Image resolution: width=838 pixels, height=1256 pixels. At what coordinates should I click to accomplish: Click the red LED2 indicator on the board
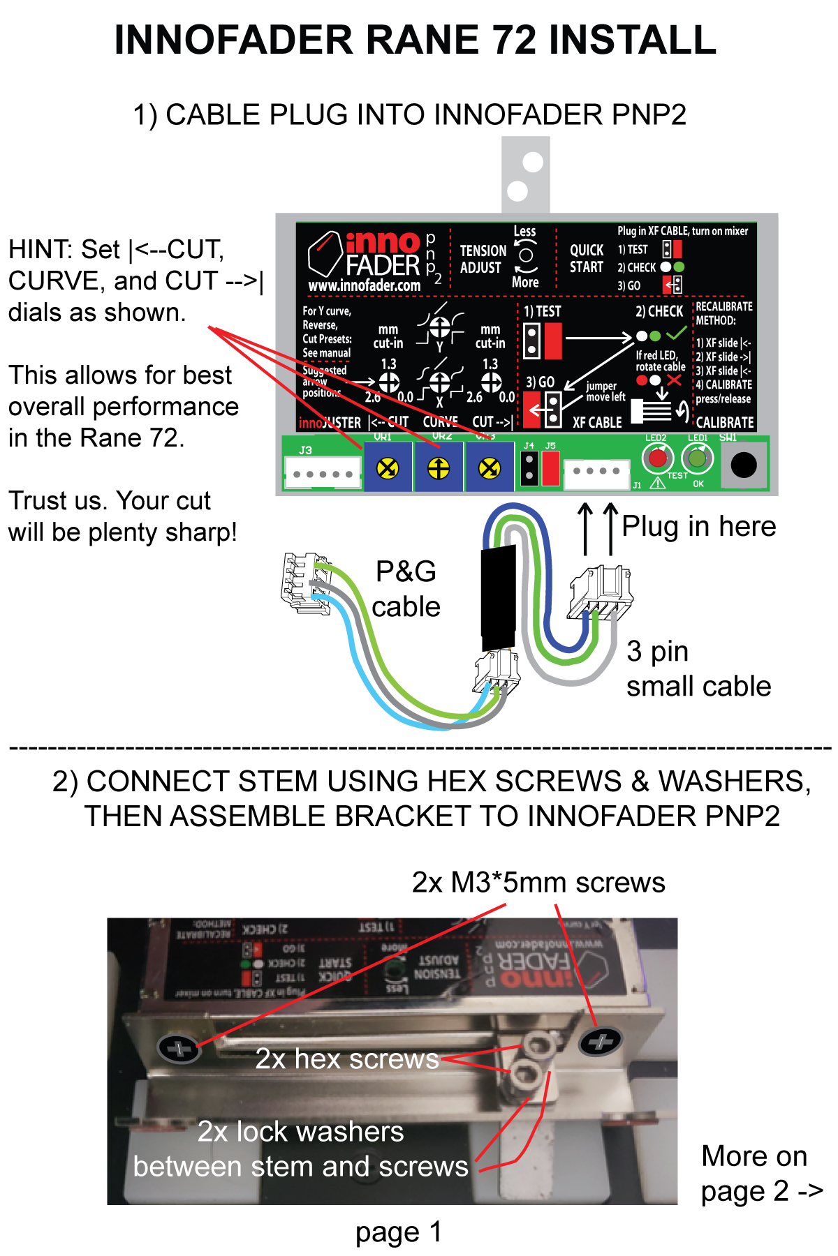[657, 458]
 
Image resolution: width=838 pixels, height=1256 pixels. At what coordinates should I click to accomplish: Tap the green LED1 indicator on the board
[697, 458]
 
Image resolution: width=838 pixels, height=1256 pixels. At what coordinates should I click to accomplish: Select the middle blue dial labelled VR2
[439, 468]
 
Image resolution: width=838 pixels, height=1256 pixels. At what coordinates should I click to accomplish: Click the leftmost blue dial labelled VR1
[388, 468]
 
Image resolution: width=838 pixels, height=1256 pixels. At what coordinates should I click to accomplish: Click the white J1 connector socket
[596, 471]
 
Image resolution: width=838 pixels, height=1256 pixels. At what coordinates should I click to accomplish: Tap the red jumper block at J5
[550, 468]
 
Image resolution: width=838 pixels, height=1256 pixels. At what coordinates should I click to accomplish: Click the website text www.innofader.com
[364, 285]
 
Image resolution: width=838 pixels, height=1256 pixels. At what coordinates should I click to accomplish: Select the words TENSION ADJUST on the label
[482, 259]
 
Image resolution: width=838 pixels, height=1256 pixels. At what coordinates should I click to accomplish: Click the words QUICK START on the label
[587, 259]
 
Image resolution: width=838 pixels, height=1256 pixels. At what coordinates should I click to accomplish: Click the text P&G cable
[406, 589]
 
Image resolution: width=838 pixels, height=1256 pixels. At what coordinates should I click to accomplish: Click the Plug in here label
[698, 526]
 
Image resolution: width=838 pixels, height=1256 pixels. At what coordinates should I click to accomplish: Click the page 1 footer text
[398, 1232]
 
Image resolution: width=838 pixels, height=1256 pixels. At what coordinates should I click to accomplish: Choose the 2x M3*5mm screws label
[538, 883]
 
